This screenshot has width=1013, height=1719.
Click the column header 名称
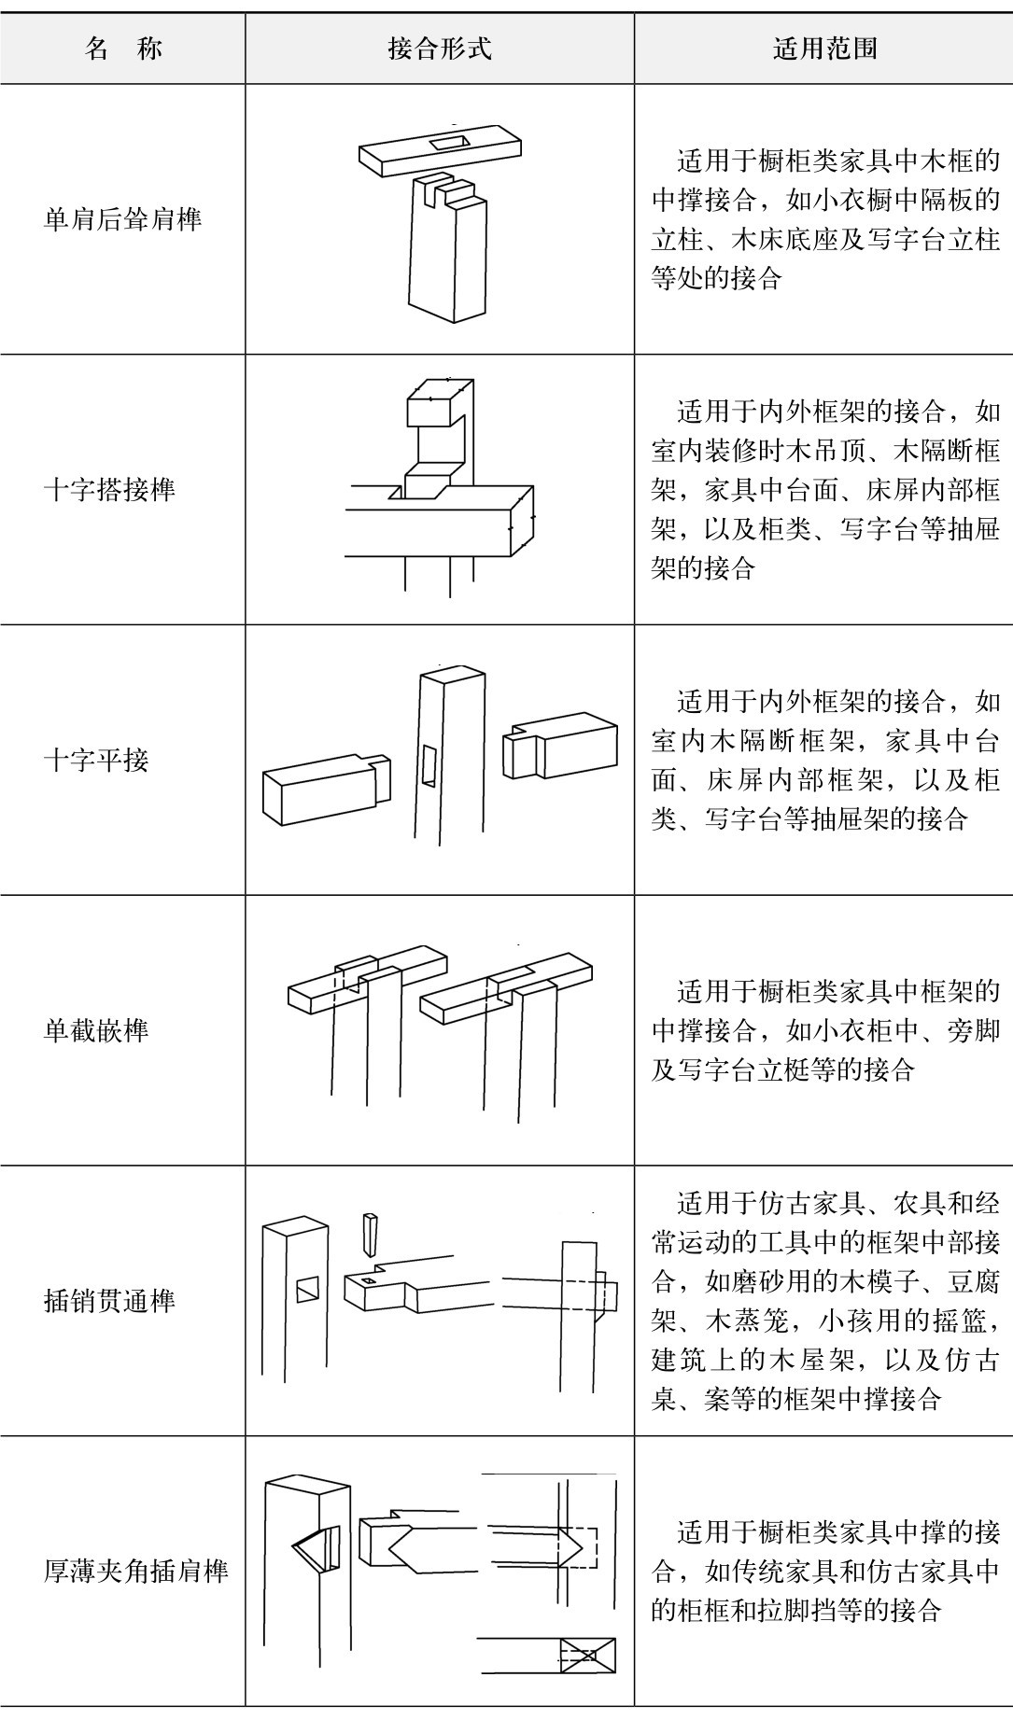(x=123, y=49)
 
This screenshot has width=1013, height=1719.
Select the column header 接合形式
(x=440, y=49)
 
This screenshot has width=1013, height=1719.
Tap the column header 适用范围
(x=824, y=49)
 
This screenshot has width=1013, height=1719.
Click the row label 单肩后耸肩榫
(x=123, y=220)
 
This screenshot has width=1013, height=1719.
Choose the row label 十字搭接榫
(x=110, y=490)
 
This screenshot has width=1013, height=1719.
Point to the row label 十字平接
(x=96, y=761)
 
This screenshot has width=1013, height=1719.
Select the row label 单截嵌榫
(x=96, y=1031)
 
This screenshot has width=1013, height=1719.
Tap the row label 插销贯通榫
(x=110, y=1301)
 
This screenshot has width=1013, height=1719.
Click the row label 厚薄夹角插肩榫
(x=136, y=1572)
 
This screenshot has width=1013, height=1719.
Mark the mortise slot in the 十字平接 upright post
(x=429, y=765)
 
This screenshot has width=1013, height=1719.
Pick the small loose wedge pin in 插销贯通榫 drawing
(x=371, y=1234)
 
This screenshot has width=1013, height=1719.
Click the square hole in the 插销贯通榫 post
(x=307, y=1291)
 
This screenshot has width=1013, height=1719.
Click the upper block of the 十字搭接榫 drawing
(x=437, y=403)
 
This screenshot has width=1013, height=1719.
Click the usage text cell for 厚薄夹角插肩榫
(x=824, y=1572)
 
